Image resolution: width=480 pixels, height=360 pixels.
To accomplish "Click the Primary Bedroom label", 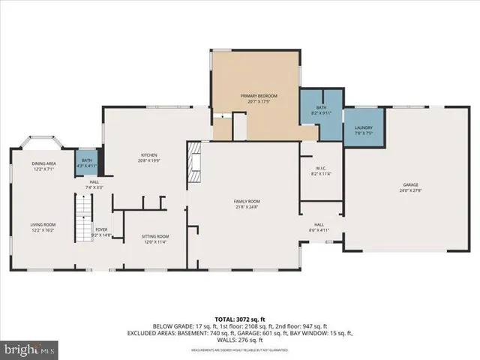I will (259, 96).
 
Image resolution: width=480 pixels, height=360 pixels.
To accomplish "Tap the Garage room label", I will (409, 184).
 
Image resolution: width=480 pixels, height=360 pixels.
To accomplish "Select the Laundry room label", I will (363, 127).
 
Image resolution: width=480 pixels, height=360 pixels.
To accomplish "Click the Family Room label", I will (247, 201).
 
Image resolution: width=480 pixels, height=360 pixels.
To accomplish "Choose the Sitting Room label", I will (155, 236).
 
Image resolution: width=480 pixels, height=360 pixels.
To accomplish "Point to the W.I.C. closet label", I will (320, 170).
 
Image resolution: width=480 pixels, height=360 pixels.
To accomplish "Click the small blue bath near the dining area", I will (87, 163).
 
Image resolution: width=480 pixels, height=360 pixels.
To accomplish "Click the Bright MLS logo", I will (30, 349).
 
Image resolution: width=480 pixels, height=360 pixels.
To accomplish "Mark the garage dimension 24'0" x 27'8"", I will (409, 190).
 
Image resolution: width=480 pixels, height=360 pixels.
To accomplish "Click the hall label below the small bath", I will (94, 184).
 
